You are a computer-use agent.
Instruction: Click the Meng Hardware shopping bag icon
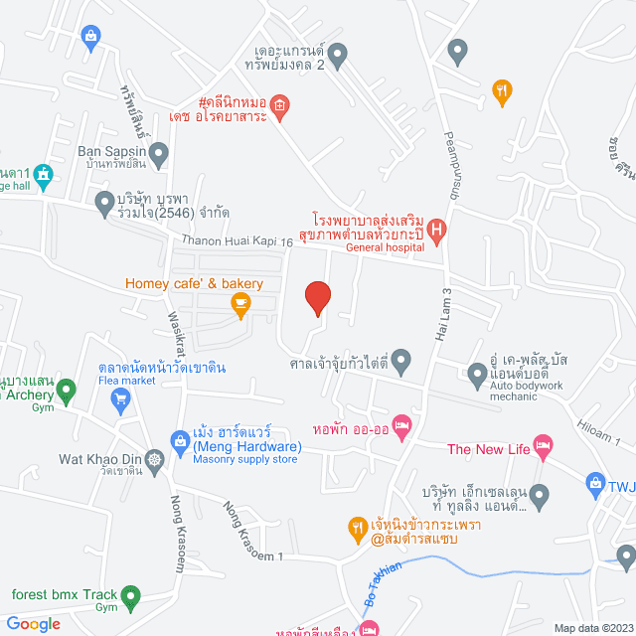click(x=180, y=438)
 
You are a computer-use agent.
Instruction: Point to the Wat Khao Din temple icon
click(x=156, y=460)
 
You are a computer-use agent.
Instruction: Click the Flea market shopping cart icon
click(x=121, y=400)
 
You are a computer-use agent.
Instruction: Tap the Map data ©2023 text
click(x=593, y=628)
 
